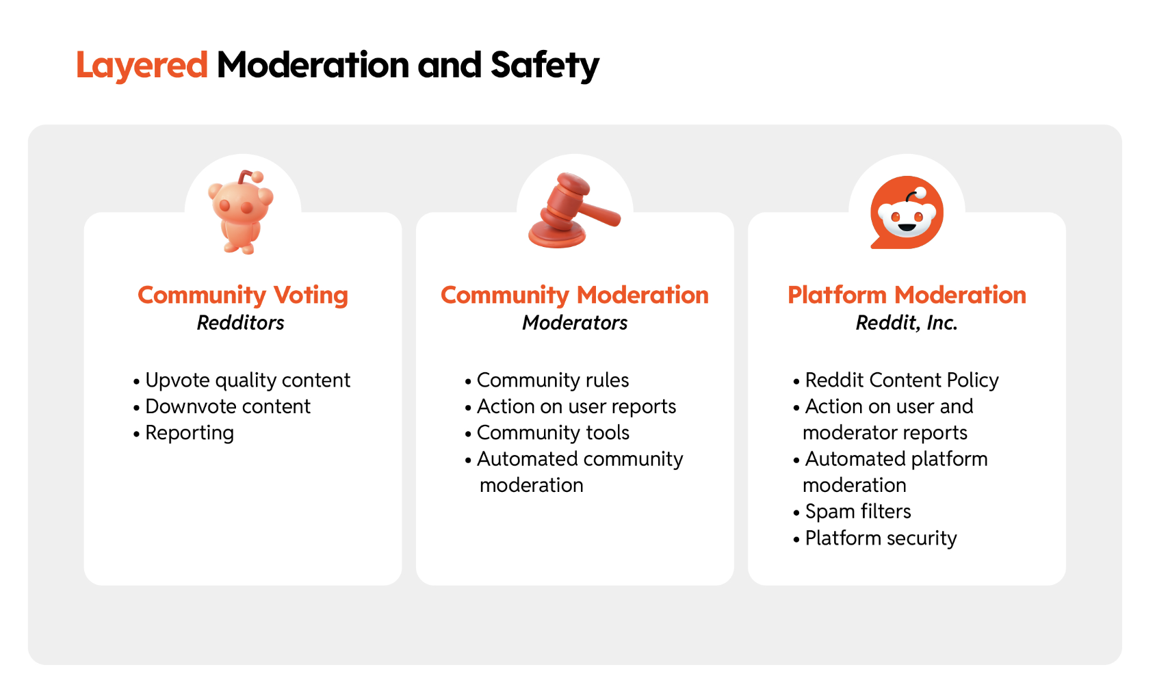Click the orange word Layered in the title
pos(142,66)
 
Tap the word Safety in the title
pos(545,66)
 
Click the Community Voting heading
pos(243,296)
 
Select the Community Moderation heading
pos(574,296)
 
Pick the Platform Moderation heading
pos(907,296)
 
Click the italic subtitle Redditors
pos(240,323)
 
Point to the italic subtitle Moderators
pos(574,323)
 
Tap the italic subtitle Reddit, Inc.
pos(907,323)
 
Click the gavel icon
pos(574,211)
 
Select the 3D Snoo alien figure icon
pos(241,212)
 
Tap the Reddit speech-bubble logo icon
pos(907,213)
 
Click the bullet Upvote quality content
pos(242,380)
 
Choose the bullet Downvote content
pos(222,406)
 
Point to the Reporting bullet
pos(183,433)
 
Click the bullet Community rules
pos(547,380)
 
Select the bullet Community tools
pos(547,433)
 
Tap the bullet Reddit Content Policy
pos(896,380)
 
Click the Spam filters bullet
pos(852,512)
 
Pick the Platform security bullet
pos(874,538)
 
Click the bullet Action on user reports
pos(570,406)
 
